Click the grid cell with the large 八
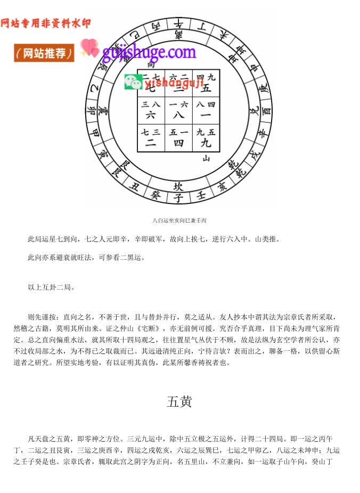(x=179, y=111)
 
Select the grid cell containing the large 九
(x=206, y=138)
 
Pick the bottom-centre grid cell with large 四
(x=179, y=138)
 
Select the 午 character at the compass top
(x=179, y=23)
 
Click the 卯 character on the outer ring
(x=91, y=110)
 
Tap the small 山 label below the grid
(x=206, y=158)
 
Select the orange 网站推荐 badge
(x=44, y=53)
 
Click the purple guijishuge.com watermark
(x=149, y=52)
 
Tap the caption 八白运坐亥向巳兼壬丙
(x=179, y=220)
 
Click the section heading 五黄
(x=179, y=402)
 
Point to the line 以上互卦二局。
(x=51, y=287)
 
